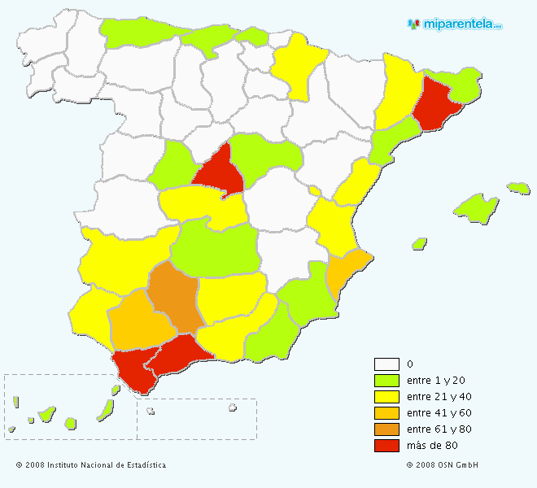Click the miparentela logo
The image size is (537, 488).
(x=455, y=24)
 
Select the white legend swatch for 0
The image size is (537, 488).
(x=386, y=364)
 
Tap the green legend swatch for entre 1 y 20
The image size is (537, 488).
(x=386, y=381)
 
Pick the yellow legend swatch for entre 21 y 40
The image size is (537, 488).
(x=386, y=397)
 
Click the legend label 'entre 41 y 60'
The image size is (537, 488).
(x=439, y=413)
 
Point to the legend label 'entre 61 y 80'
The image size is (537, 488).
(x=439, y=429)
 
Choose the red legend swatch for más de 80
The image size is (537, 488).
(x=386, y=446)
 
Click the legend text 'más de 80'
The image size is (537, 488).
(x=431, y=446)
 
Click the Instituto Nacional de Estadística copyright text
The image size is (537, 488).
(x=91, y=465)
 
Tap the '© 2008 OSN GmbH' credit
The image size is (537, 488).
(x=443, y=465)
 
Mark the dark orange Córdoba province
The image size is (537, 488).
(x=174, y=297)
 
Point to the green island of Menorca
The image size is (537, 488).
(x=518, y=188)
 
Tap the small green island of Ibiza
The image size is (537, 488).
(x=420, y=243)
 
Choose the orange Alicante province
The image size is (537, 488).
(x=346, y=271)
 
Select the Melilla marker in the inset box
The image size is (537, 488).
(x=233, y=407)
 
